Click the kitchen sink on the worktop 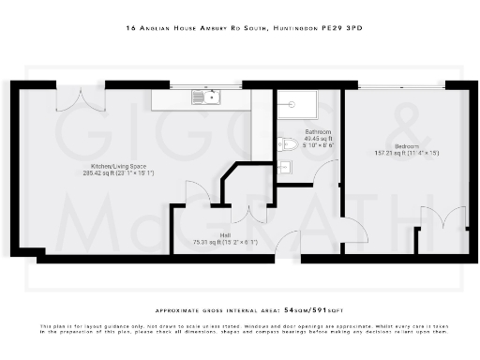pyautogui.click(x=204, y=96)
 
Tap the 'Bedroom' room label pyautogui.click(x=407, y=147)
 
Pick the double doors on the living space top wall pyautogui.click(x=73, y=98)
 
